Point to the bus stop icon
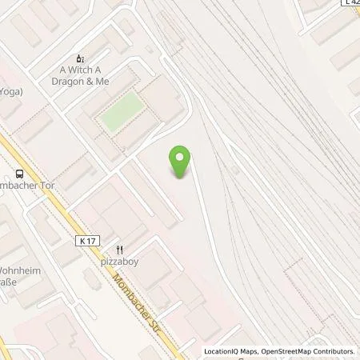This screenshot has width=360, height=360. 18,174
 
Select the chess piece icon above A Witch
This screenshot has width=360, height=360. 79,58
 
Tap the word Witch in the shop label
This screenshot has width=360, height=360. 74,70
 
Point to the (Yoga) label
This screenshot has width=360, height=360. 10,91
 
